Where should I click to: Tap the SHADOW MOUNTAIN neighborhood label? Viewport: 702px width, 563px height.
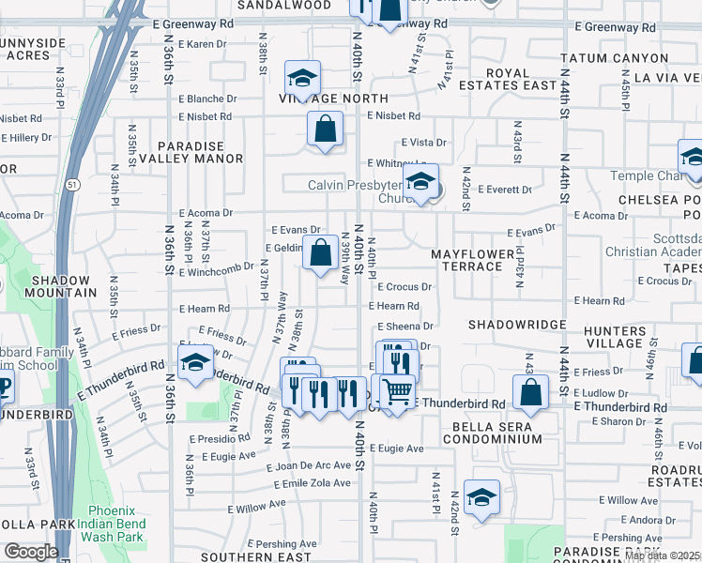(60, 286)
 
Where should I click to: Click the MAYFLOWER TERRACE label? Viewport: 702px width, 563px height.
(466, 260)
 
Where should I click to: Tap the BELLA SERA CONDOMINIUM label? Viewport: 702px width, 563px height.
(483, 433)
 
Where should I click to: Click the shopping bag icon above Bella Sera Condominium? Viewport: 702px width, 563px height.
(530, 391)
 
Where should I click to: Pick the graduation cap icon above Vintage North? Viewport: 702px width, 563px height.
(302, 77)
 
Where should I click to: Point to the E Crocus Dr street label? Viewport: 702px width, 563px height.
(404, 287)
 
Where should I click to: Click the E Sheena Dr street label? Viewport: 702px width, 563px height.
(405, 327)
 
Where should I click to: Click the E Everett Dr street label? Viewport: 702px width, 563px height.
(504, 190)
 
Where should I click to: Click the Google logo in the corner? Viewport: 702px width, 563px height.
(30, 552)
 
